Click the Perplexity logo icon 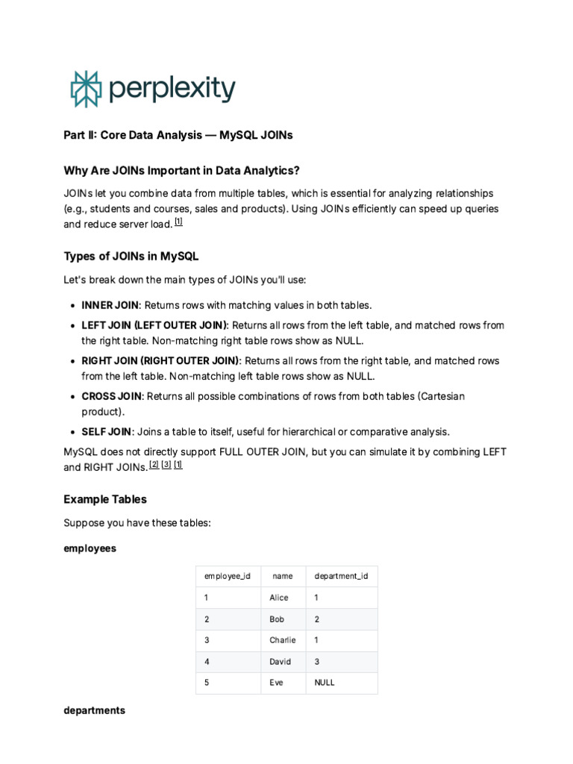tap(85, 89)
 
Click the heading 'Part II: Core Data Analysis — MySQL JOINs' tap(178, 135)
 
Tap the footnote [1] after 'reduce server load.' tap(178, 222)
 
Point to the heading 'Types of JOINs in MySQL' tap(131, 256)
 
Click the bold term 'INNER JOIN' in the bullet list tap(110, 305)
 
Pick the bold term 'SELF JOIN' tap(106, 431)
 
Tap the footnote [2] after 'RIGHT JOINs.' tap(154, 464)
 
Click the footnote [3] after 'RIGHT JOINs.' tap(166, 464)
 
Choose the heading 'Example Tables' tap(105, 499)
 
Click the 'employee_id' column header tap(227, 576)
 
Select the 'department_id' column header tap(341, 576)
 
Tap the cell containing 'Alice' tap(279, 598)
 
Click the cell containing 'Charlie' tap(283, 640)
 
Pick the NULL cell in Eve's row tap(325, 683)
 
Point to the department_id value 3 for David tap(317, 661)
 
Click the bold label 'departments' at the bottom tap(94, 710)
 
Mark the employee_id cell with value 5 tap(207, 683)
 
